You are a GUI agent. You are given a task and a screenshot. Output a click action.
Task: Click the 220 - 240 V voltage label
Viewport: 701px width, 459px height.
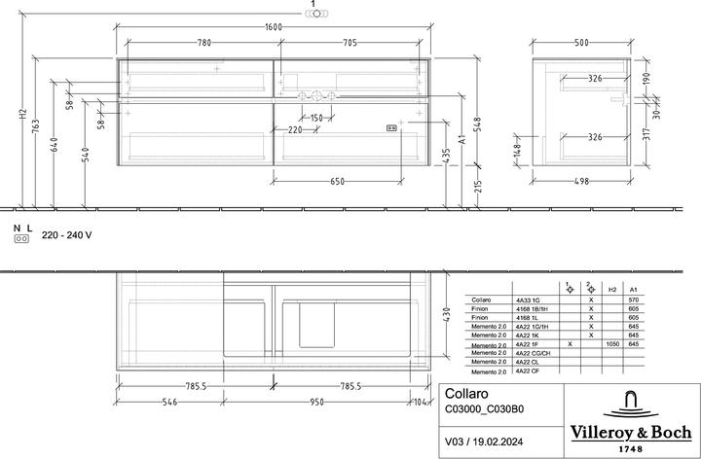(66, 236)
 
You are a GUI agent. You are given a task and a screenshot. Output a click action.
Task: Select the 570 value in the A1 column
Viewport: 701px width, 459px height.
(634, 300)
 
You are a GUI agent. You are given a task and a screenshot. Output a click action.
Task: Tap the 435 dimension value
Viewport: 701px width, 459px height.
(447, 156)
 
